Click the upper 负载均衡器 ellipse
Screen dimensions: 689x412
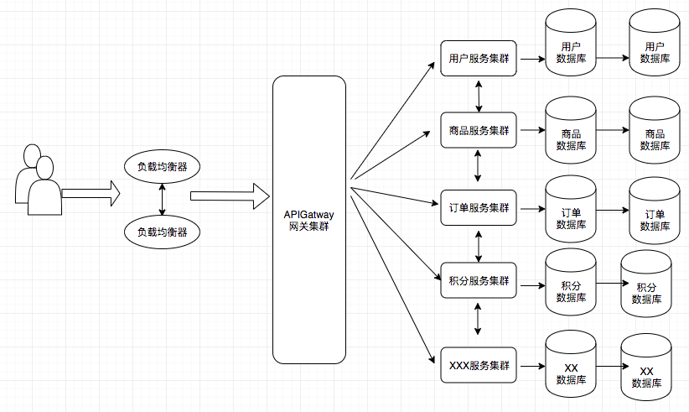coord(162,167)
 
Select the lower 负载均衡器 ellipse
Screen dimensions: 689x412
coord(162,232)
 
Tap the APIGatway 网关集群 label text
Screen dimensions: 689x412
coord(308,221)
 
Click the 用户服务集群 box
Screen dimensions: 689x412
coord(479,59)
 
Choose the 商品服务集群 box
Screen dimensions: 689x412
coord(479,130)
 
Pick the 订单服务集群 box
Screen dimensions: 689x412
coord(479,207)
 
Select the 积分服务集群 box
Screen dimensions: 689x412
coord(479,280)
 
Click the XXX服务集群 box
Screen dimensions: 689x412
coord(479,365)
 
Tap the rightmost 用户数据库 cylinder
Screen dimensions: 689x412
coord(655,42)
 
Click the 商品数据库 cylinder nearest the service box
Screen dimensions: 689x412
coord(571,130)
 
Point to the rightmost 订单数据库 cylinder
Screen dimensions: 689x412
coord(655,211)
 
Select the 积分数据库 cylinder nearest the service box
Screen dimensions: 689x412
coord(571,282)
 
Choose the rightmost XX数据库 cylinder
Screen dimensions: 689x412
coord(646,368)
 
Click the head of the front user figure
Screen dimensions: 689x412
coord(44,168)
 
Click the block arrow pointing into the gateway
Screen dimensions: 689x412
coord(230,196)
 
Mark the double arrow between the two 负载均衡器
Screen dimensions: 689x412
coord(162,200)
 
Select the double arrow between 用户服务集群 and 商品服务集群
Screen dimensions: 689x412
coord(479,96)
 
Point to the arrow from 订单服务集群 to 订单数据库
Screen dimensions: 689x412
coord(532,209)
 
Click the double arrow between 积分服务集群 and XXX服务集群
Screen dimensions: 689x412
coord(478,319)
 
